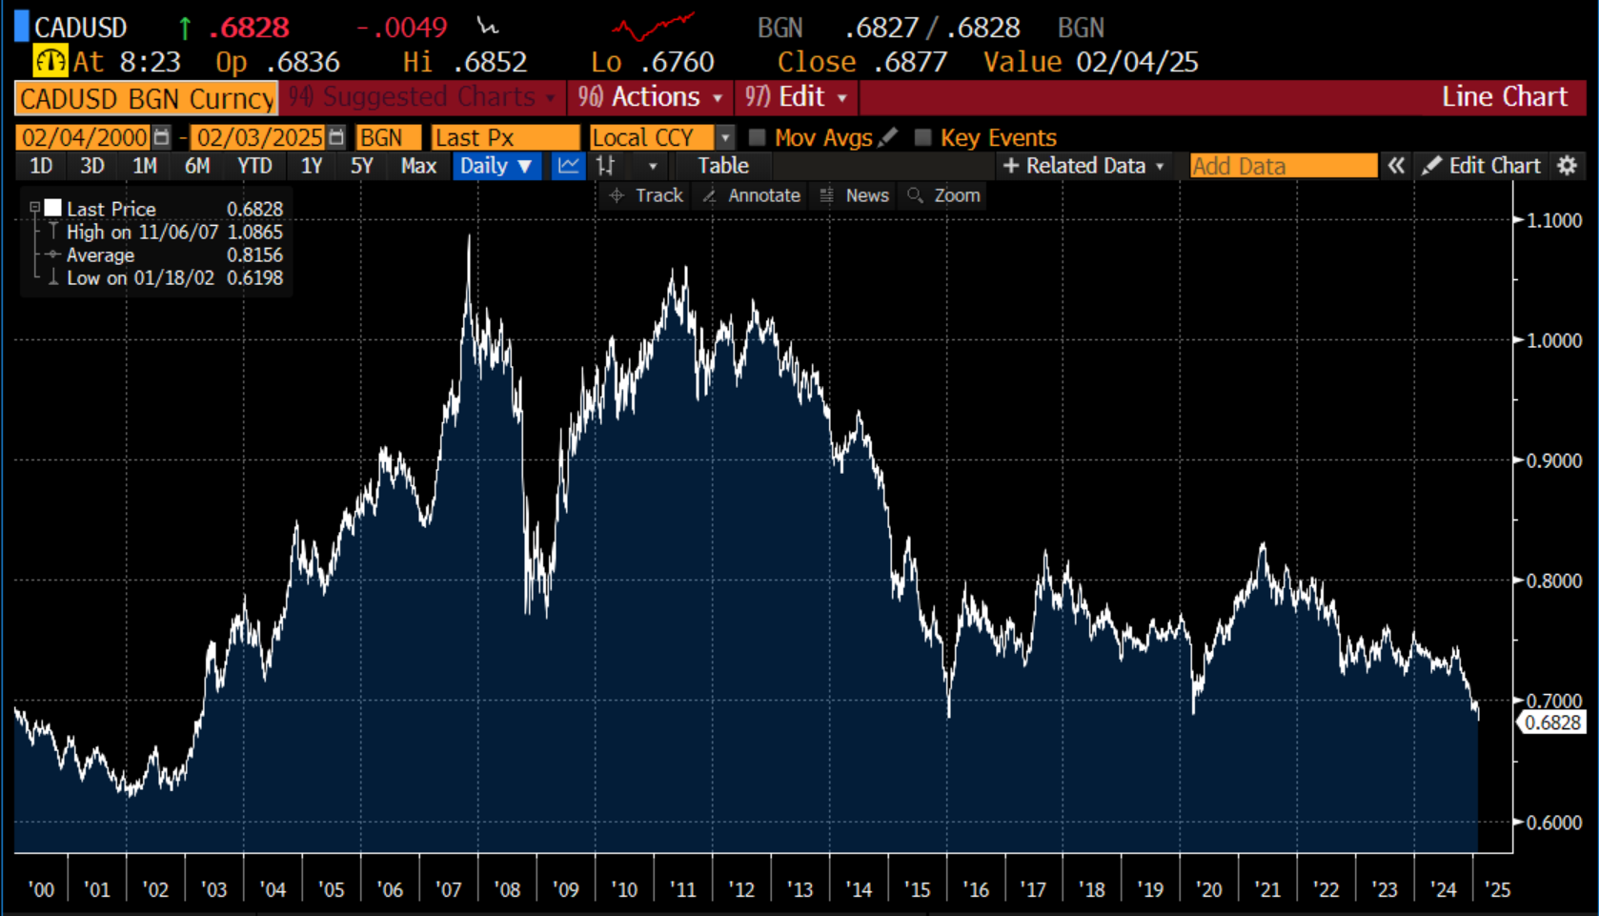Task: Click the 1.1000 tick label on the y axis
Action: [1553, 220]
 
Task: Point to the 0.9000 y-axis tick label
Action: [1553, 460]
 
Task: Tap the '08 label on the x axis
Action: [507, 889]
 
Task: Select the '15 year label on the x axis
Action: [917, 889]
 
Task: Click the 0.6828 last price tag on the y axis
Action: [1552, 723]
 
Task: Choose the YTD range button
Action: [254, 166]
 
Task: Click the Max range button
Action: [418, 166]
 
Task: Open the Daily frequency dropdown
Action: [496, 166]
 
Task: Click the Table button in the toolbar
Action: [722, 166]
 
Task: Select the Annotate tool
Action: [763, 195]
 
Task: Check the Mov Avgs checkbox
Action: [758, 137]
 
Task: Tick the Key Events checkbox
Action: [922, 137]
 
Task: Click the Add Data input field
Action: [1283, 166]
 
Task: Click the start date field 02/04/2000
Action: [84, 137]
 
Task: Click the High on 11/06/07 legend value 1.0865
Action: [254, 232]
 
